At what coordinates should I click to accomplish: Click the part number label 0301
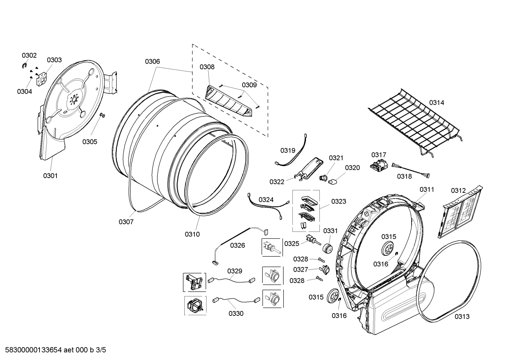pos(50,176)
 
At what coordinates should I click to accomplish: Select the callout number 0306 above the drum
pos(152,61)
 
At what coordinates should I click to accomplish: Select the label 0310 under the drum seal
pos(192,234)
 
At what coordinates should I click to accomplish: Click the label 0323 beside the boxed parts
pos(339,201)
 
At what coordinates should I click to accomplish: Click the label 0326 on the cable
pos(237,245)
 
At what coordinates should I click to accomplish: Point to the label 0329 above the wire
pos(235,271)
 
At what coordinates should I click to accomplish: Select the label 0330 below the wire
pos(236,313)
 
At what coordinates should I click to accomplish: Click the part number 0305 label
pos(90,142)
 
